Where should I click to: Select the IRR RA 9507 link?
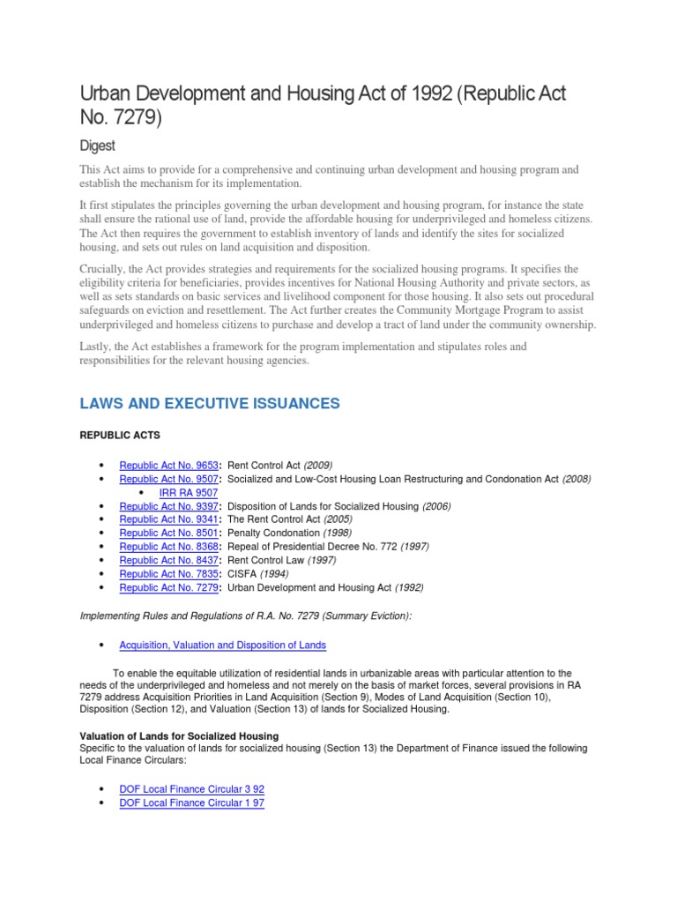188,493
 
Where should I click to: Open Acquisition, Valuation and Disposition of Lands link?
222,646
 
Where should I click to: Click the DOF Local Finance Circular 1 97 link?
191,802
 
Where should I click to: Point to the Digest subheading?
100,144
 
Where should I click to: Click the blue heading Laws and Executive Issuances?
210,403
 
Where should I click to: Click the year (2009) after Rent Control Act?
318,466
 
